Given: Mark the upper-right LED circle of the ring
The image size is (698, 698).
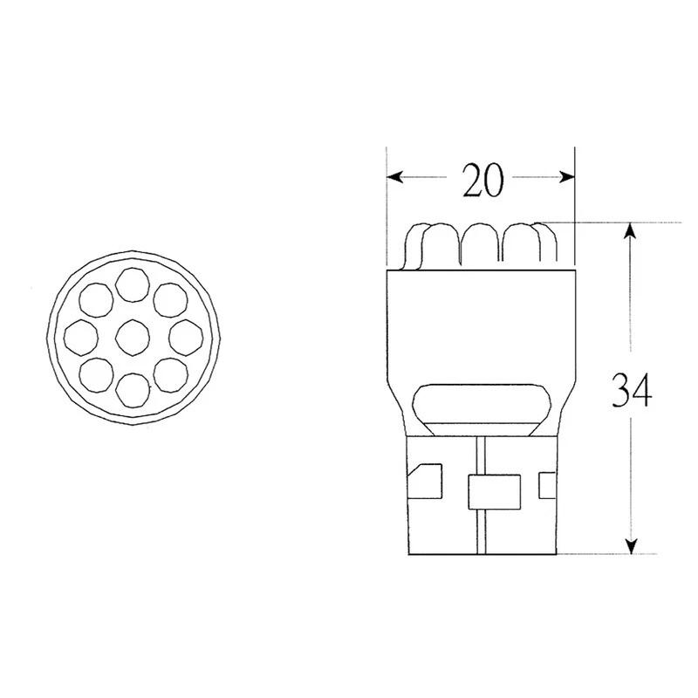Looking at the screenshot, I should coord(169,299).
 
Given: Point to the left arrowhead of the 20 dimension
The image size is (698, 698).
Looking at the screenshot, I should coord(394,177).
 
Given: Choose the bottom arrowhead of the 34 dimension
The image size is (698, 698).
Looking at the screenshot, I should coord(630,547).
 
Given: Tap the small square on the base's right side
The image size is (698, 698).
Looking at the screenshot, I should coord(548,482).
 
